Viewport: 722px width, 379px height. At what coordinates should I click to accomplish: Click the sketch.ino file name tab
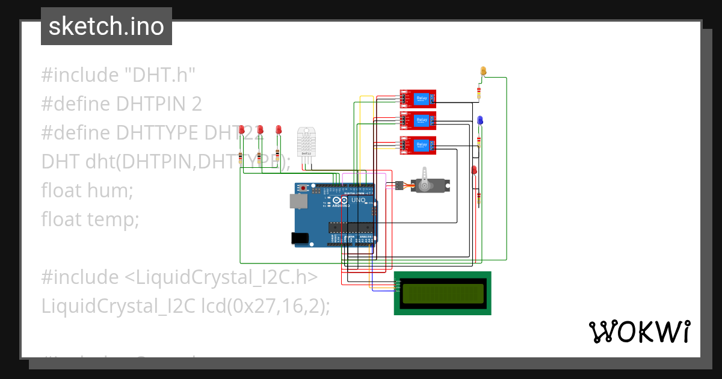(x=106, y=26)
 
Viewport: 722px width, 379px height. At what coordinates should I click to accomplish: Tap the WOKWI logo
(x=638, y=331)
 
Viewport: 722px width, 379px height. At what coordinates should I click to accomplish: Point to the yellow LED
(x=483, y=72)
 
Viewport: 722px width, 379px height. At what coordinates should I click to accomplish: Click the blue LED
(x=480, y=120)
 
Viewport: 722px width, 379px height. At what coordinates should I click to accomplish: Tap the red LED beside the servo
(x=474, y=170)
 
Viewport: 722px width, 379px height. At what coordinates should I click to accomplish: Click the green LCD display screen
(x=443, y=293)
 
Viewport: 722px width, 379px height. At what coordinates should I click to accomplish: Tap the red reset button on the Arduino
(x=303, y=189)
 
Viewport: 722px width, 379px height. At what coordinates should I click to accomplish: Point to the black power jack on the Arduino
(x=300, y=239)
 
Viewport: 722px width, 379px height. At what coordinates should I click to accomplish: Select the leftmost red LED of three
(x=241, y=130)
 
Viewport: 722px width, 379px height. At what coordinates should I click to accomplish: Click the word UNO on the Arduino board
(x=358, y=200)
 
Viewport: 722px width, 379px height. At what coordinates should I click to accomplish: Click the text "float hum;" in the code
(x=87, y=191)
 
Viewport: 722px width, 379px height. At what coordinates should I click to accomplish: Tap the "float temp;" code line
(x=90, y=220)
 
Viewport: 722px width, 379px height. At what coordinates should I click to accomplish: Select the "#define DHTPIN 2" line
(x=122, y=104)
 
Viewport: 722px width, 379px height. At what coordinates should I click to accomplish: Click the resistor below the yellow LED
(x=479, y=93)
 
